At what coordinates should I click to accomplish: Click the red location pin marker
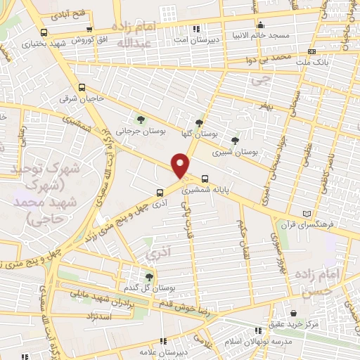181,165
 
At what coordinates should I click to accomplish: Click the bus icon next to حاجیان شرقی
82,88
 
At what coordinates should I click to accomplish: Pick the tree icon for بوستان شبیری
234,140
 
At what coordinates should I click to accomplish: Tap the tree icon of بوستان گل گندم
149,277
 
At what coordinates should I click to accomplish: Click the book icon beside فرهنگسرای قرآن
304,214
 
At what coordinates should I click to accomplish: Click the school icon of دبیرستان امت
196,29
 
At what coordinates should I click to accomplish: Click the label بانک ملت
310,62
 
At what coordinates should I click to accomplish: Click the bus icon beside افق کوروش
44,32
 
